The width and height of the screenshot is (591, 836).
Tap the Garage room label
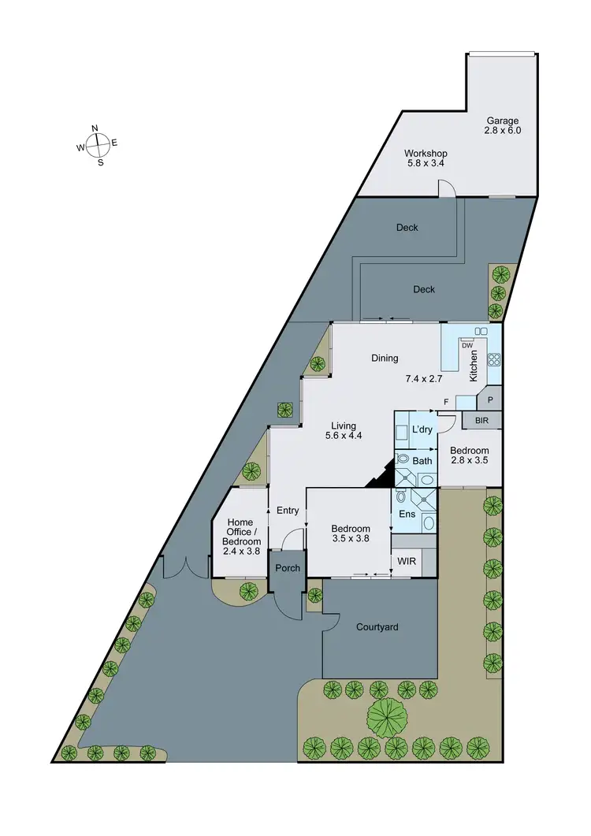[503, 125]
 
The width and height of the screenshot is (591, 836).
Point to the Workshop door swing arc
[448, 188]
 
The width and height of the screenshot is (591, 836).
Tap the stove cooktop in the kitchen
[494, 360]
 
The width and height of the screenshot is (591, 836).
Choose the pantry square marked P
[489, 400]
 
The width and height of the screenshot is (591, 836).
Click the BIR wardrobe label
[481, 422]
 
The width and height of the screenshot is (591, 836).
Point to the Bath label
[423, 461]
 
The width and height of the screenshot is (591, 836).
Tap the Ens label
[408, 515]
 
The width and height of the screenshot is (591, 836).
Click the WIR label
[407, 562]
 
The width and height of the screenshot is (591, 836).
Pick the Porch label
[288, 568]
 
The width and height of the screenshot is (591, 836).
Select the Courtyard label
[377, 628]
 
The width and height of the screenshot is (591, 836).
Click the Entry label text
[288, 511]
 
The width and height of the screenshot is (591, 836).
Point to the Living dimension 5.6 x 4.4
[344, 436]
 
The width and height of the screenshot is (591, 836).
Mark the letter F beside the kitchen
[447, 403]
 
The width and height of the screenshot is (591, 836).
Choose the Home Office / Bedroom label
[240, 536]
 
